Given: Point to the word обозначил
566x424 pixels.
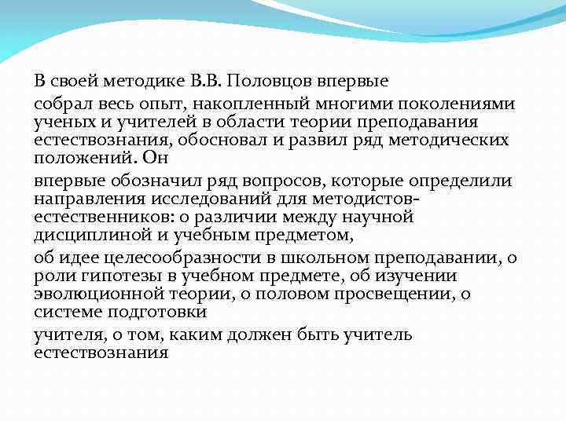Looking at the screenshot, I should coord(145,181).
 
